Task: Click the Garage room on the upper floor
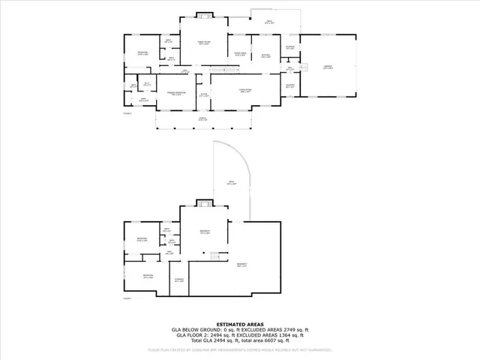pos(328,67)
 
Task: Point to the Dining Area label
pos(241,53)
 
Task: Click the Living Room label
pos(223,90)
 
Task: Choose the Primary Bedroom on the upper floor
pos(176,94)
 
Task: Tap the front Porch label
pos(202,120)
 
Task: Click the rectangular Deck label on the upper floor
pos(269,22)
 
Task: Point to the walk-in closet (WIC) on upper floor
pos(148,83)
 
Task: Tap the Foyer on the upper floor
pos(202,94)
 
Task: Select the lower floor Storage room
pos(178,280)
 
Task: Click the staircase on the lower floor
pos(215,257)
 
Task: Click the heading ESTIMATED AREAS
pos(239,323)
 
